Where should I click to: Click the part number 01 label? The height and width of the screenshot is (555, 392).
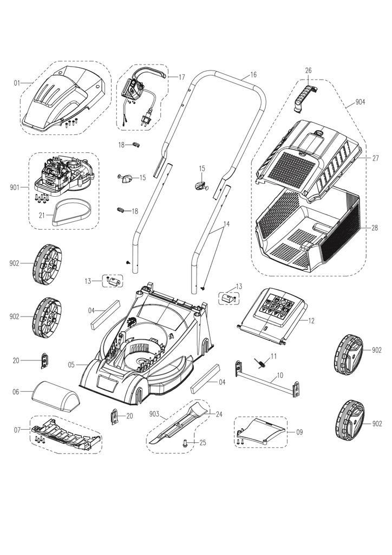pyautogui.click(x=16, y=83)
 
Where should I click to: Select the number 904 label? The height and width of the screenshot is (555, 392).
pyautogui.click(x=360, y=102)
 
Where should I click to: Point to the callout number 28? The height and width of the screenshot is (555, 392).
pyautogui.click(x=375, y=228)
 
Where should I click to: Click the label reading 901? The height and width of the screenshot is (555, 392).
pyautogui.click(x=15, y=188)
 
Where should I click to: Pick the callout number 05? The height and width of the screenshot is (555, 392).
pyautogui.click(x=71, y=365)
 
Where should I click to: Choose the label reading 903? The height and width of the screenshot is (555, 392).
pyautogui.click(x=154, y=414)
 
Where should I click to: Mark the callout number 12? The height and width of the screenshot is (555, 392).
pyautogui.click(x=311, y=321)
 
